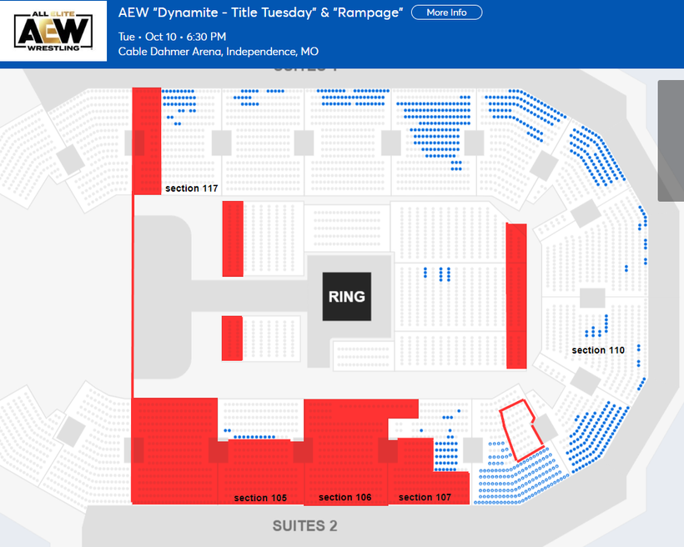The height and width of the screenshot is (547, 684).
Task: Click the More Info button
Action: [446, 13]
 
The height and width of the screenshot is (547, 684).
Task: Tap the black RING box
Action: [346, 296]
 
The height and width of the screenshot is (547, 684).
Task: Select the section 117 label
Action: [192, 188]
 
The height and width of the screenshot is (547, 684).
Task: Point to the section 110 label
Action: [598, 350]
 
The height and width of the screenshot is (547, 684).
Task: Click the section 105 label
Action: [260, 498]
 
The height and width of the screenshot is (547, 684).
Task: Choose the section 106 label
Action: [345, 497]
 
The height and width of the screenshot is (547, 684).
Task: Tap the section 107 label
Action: [425, 497]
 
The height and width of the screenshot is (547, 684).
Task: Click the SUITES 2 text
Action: [304, 526]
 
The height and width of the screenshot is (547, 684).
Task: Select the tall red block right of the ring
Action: [516, 296]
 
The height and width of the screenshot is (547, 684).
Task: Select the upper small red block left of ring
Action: [233, 238]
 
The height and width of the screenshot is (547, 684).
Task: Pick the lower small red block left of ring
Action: [232, 339]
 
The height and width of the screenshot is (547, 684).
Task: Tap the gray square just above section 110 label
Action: [592, 298]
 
